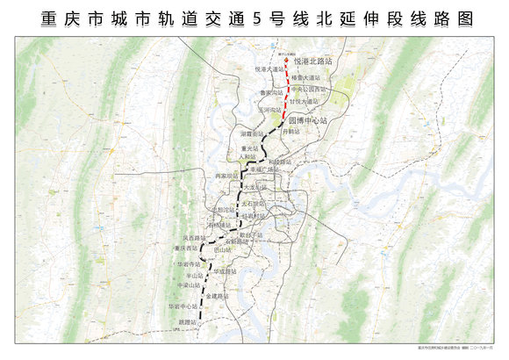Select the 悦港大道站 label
pos(271,68)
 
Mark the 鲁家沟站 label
pos(271,92)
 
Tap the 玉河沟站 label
pos(270,110)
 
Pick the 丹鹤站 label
pos(292,132)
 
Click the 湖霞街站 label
pos(253,133)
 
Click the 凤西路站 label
pos(194,237)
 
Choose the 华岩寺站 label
pos(190,263)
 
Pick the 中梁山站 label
pos(190,284)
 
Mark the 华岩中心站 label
pos(183,306)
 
